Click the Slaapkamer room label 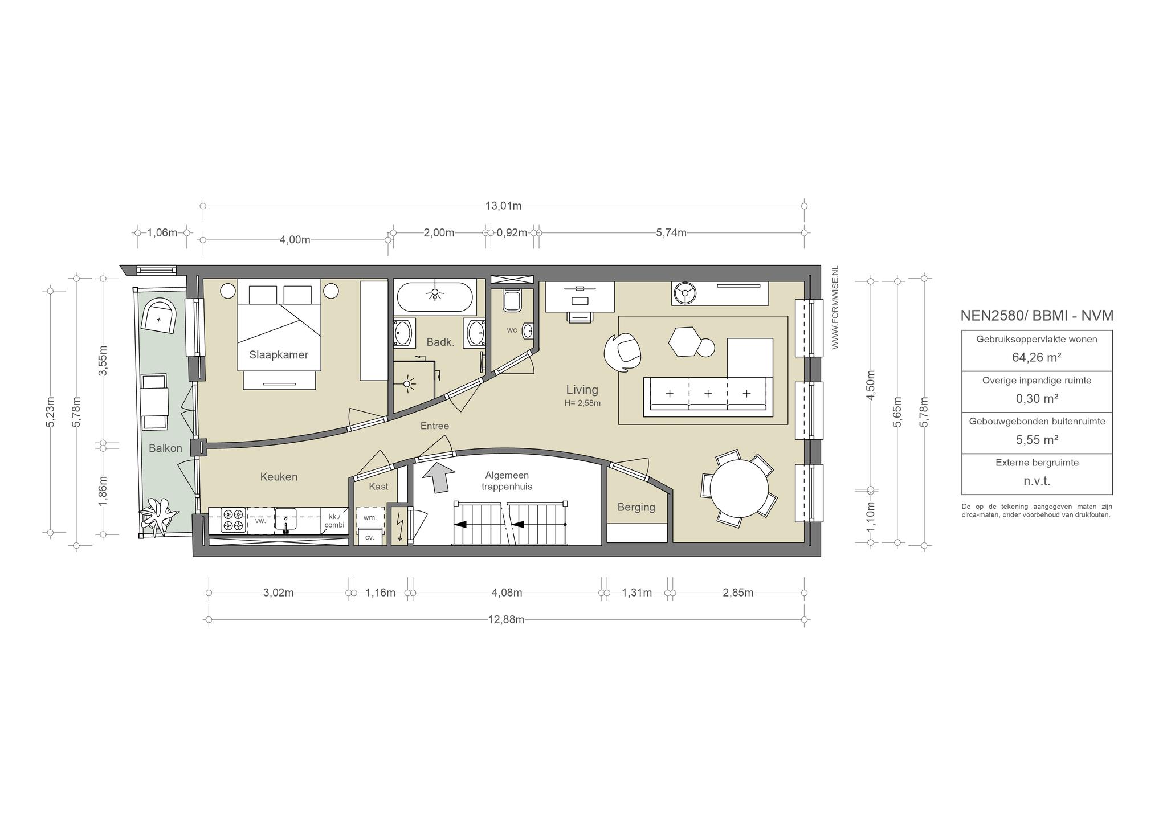click(279, 355)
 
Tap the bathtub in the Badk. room click(435, 297)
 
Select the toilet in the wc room click(512, 300)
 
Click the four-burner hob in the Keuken click(233, 520)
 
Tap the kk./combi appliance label click(334, 521)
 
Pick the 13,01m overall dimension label click(504, 206)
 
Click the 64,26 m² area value click(1037, 357)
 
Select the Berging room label click(636, 507)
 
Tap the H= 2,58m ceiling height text click(582, 403)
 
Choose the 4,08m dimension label click(507, 593)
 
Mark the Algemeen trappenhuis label click(507, 481)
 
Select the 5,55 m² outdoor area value click(1037, 440)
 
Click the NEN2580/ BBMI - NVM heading click(1037, 316)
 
